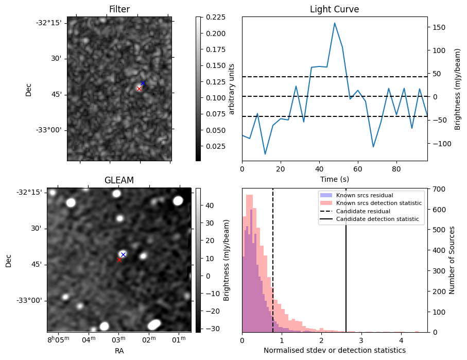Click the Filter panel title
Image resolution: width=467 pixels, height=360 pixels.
119,9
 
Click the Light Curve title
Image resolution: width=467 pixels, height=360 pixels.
334,9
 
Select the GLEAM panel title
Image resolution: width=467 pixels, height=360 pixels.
119,180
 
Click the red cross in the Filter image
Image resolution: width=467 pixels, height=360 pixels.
139,89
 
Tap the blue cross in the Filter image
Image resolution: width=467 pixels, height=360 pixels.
143,83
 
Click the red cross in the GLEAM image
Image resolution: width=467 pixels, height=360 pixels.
119,260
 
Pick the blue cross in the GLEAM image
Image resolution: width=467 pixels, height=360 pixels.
123,254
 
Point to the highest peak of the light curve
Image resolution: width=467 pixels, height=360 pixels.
335,23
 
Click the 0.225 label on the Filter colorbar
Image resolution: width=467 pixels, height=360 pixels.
213,17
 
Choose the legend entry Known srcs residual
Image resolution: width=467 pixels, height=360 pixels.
365,196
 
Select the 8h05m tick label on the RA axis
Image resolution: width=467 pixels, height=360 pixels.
58,339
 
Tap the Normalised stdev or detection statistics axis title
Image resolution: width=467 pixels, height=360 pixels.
334,350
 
